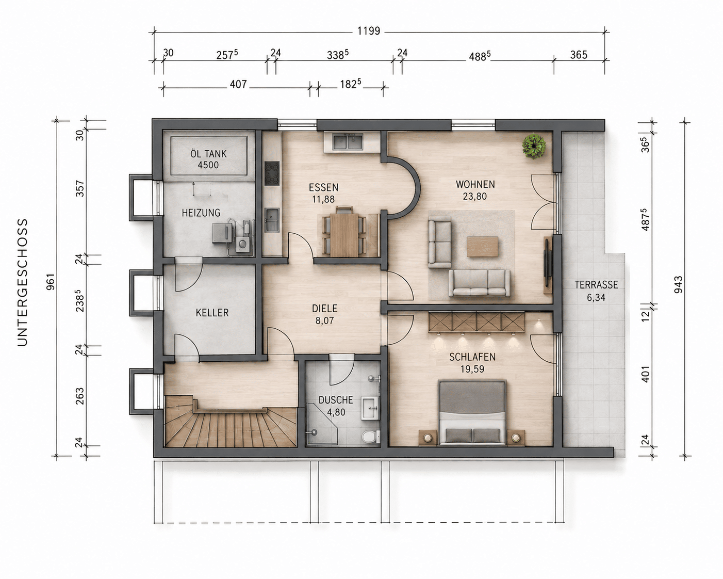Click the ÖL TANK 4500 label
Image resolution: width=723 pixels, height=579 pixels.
[209, 159]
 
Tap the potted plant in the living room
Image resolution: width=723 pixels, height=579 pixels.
[534, 146]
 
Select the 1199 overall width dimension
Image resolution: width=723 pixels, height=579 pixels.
[369, 31]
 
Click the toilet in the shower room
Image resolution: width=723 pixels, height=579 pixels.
[370, 437]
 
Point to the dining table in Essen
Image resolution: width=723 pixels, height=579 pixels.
[344, 235]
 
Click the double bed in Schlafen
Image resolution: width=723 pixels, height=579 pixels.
[472, 412]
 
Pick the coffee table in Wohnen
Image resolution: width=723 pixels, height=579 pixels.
[483, 247]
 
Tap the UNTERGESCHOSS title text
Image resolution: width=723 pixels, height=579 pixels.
[23, 282]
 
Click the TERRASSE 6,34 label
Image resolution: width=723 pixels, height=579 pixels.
[596, 291]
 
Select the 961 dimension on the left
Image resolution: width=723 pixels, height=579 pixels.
[51, 282]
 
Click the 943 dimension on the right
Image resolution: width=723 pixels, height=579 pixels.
[678, 284]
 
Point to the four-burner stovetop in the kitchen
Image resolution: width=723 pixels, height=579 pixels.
[272, 173]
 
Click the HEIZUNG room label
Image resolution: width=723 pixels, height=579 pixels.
[201, 213]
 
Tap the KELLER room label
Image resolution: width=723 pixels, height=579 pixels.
[212, 313]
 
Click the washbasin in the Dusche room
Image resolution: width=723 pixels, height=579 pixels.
[370, 408]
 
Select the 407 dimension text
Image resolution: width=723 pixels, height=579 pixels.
[238, 84]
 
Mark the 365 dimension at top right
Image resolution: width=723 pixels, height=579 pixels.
[579, 55]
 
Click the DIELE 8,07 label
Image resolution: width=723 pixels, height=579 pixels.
[324, 314]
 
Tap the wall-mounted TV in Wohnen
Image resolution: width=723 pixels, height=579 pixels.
[548, 262]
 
